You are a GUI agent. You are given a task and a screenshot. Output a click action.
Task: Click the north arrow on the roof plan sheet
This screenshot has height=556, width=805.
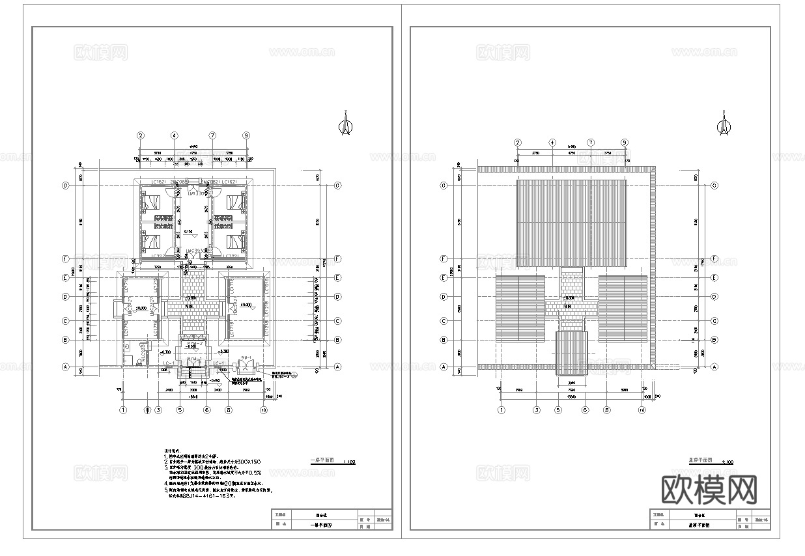point(723,124)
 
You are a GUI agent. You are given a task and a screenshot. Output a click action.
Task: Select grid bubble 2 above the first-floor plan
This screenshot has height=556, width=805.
point(140,135)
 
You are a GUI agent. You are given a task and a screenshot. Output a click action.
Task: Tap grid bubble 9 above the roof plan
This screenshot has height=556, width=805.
point(625,143)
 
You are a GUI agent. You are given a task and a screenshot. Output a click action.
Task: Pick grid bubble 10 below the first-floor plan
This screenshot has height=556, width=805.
point(264,410)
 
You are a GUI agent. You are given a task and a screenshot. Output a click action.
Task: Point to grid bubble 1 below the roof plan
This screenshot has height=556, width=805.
point(501,410)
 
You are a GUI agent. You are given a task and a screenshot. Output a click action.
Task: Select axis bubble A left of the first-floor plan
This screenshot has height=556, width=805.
point(65,367)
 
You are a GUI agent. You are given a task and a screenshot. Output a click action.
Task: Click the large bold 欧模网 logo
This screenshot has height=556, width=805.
point(709,489)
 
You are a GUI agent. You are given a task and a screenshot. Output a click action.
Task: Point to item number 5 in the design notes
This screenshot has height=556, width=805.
point(166,490)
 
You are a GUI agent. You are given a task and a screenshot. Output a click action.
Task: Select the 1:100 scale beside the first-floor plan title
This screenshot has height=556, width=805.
point(348,462)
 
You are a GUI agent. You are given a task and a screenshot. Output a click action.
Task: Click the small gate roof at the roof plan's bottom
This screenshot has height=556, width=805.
point(571,354)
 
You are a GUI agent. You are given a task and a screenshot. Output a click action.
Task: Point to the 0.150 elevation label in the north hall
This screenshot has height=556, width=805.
point(188,231)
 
